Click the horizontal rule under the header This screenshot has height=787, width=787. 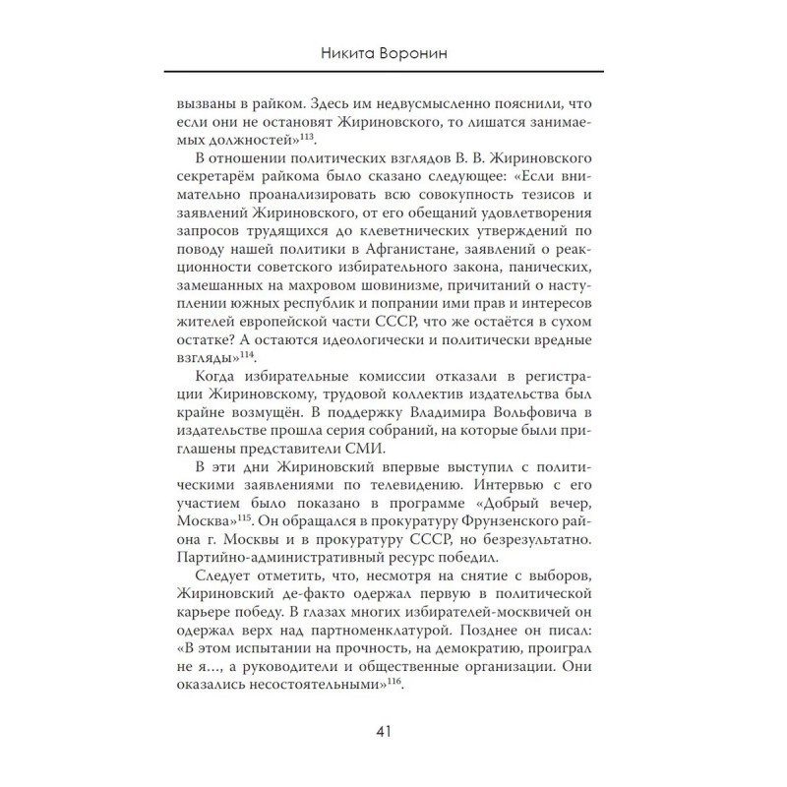point(393,71)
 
